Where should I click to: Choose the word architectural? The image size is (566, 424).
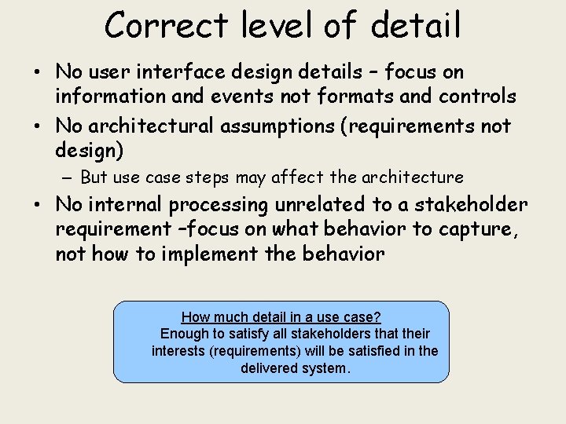(x=149, y=126)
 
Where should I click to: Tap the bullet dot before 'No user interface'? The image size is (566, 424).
(x=39, y=73)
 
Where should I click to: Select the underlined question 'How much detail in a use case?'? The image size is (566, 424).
(x=281, y=317)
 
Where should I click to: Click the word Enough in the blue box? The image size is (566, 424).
(x=183, y=334)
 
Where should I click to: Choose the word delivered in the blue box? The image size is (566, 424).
(x=268, y=368)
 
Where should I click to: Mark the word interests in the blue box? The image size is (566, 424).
(x=178, y=351)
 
